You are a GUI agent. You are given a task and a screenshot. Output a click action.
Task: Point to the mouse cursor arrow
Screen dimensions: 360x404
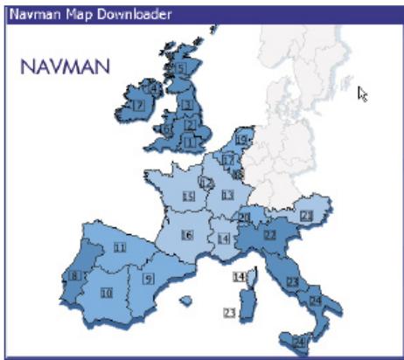click(361, 93)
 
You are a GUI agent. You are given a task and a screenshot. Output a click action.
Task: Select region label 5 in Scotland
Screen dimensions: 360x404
click(181, 67)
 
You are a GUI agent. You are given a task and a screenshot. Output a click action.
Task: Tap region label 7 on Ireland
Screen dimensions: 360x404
click(137, 105)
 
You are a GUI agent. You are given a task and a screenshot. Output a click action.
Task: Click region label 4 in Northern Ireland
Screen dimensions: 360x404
click(155, 87)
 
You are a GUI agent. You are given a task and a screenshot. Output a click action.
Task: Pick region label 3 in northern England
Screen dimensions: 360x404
click(186, 105)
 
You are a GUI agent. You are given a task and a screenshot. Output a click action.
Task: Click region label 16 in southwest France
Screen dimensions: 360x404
click(187, 234)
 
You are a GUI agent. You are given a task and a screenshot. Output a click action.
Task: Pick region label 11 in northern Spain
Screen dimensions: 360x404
click(119, 248)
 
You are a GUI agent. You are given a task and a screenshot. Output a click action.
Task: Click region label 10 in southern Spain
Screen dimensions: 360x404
click(106, 293)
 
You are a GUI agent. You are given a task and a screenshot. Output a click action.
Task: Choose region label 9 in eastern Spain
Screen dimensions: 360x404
click(148, 279)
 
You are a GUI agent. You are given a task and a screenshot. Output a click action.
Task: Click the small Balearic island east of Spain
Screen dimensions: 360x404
click(185, 301)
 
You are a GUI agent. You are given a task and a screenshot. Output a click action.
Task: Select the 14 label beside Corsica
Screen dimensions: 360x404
click(238, 277)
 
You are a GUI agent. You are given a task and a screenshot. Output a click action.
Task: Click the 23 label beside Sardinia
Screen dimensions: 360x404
click(229, 312)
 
